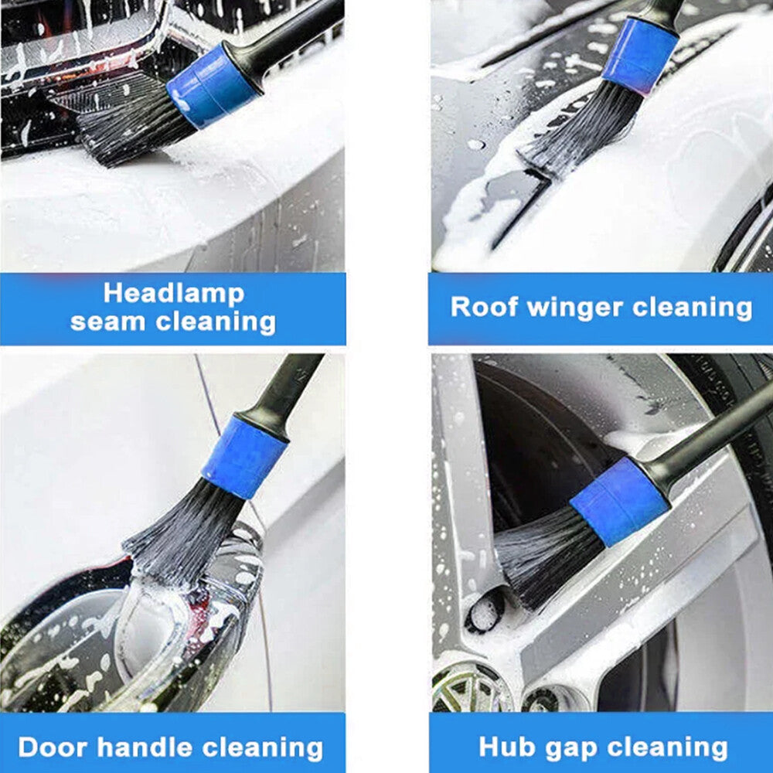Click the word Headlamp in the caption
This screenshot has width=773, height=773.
[x=173, y=294]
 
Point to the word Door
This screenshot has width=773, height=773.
[x=51, y=747]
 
